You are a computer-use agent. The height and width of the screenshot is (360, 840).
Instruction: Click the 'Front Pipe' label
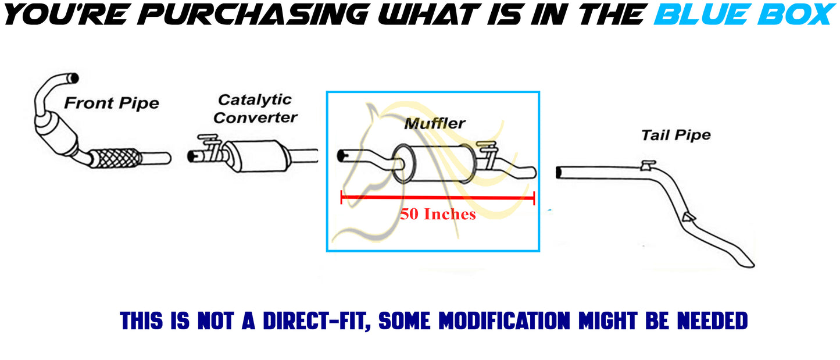(x=112, y=103)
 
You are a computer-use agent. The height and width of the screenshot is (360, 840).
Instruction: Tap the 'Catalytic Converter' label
(x=255, y=109)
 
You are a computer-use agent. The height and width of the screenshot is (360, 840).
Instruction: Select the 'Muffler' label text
(x=435, y=123)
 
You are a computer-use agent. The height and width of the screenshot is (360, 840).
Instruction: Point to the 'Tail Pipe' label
(x=675, y=136)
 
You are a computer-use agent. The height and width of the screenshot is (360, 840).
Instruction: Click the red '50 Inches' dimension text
(x=438, y=214)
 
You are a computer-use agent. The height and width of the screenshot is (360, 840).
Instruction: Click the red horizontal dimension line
(x=438, y=197)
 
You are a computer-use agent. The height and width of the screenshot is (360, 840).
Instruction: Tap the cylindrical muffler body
(x=434, y=164)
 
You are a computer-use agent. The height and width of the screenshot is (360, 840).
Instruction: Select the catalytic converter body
(x=259, y=156)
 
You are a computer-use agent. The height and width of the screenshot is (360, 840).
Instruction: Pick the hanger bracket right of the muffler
(x=488, y=154)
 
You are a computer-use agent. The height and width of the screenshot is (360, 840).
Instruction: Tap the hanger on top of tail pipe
(x=648, y=165)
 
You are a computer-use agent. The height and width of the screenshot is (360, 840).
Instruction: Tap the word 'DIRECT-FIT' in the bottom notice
(x=317, y=321)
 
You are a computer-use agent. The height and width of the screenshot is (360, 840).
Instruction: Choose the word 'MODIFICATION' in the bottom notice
(x=504, y=321)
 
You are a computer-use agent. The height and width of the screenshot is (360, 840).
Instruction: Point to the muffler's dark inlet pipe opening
(x=342, y=156)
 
